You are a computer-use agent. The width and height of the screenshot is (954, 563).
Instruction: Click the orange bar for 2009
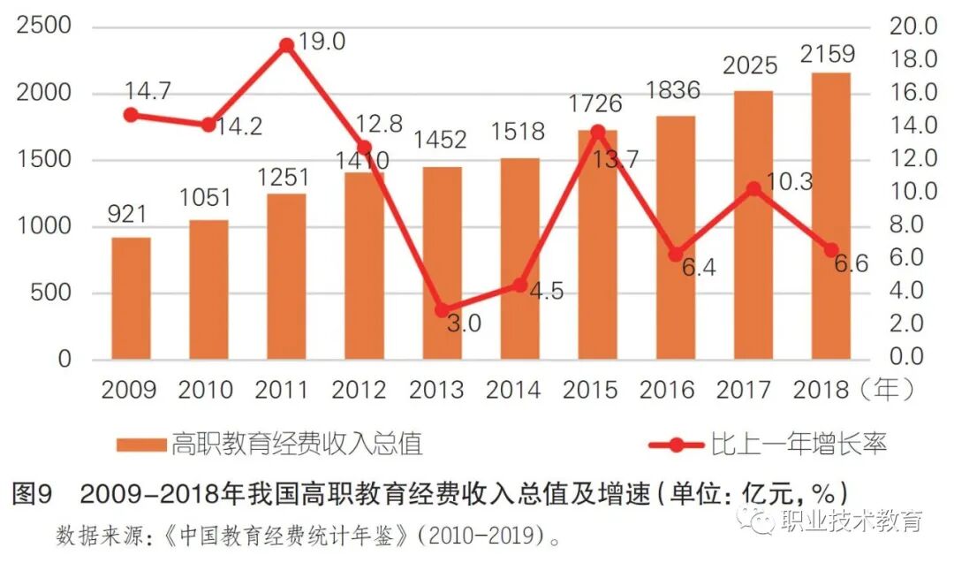click(x=131, y=299)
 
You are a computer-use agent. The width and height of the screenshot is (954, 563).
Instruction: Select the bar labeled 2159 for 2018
click(x=830, y=217)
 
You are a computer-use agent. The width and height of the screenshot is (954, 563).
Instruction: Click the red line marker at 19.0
click(x=286, y=45)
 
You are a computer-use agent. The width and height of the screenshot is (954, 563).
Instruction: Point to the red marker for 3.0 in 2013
click(x=442, y=310)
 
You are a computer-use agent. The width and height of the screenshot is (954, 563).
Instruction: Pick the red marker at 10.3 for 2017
click(x=753, y=189)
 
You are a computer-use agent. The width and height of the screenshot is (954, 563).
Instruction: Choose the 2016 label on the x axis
click(x=676, y=390)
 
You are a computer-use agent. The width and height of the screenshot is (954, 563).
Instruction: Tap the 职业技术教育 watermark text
click(x=852, y=521)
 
